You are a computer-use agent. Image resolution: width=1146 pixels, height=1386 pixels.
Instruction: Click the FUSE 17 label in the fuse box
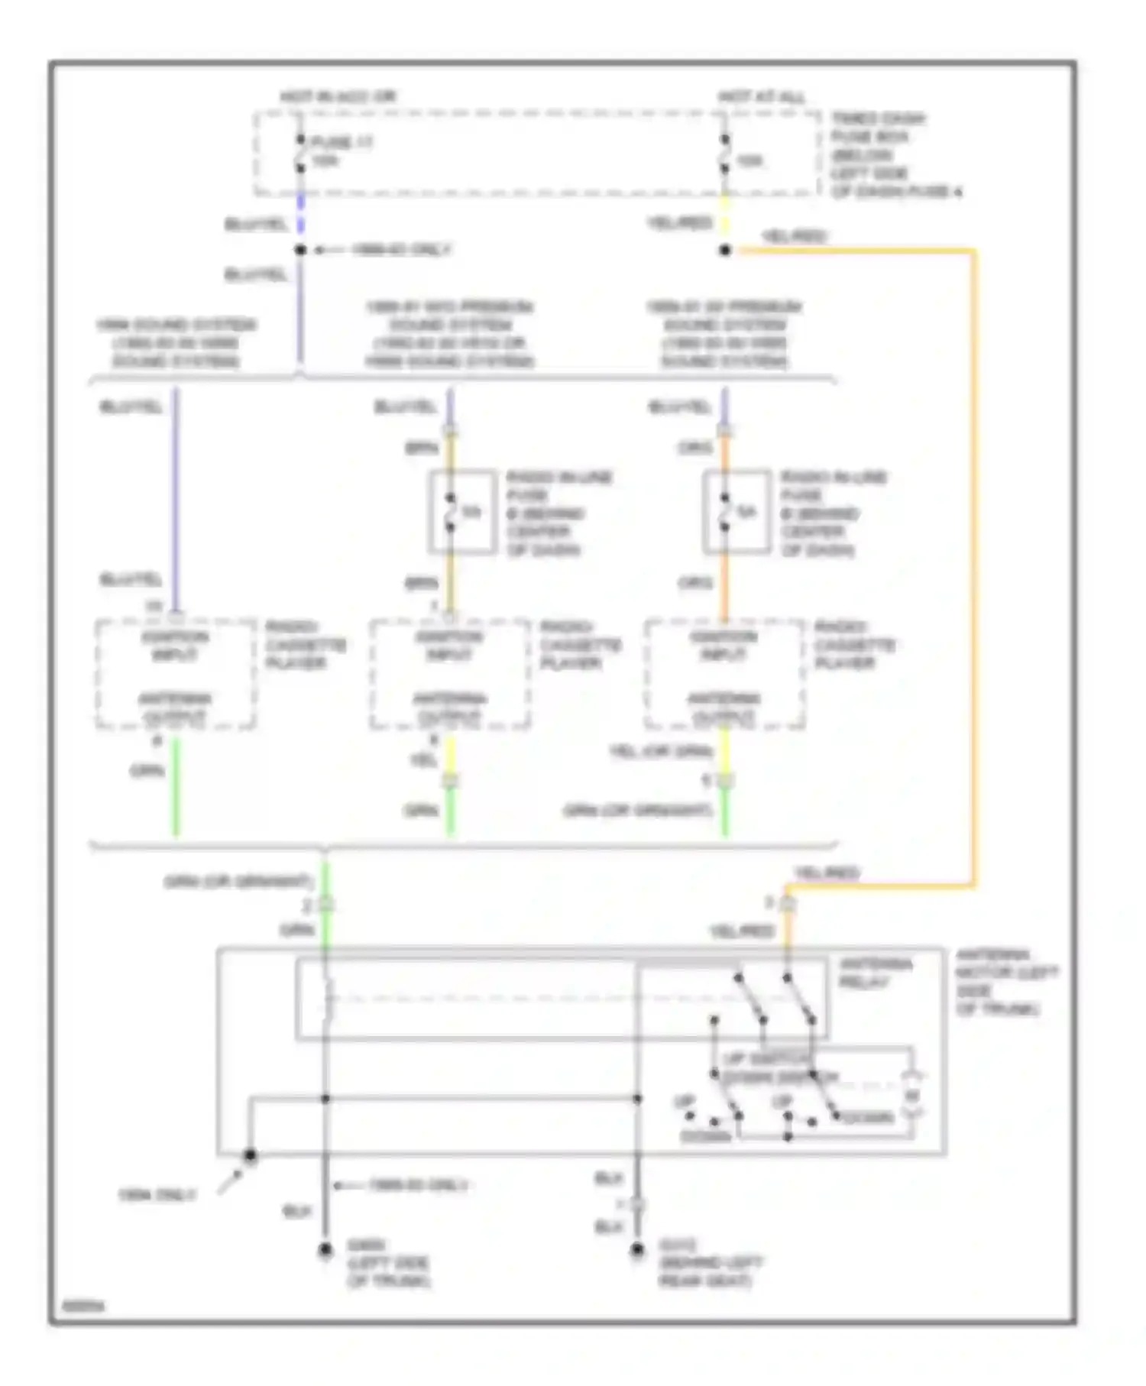(x=342, y=142)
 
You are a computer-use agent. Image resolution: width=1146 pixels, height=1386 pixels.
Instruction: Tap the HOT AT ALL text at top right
(x=761, y=97)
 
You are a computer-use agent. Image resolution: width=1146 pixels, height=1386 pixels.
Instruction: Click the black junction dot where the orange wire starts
(x=725, y=250)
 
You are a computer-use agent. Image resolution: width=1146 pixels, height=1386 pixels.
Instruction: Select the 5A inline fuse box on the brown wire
(x=462, y=511)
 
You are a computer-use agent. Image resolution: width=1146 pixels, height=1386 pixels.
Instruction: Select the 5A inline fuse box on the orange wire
(x=736, y=511)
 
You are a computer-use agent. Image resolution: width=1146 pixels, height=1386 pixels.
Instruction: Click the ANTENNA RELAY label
(x=875, y=973)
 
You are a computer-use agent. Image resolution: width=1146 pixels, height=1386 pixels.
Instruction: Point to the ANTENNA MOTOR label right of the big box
(x=1005, y=982)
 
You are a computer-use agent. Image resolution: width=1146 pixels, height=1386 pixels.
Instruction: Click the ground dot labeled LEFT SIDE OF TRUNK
(x=325, y=1250)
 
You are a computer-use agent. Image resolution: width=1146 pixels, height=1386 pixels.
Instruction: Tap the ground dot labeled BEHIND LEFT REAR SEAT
(x=637, y=1250)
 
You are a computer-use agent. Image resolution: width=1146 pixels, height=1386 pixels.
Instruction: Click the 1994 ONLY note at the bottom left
(x=157, y=1195)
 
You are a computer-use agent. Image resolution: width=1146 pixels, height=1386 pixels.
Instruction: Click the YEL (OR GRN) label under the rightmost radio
(x=660, y=752)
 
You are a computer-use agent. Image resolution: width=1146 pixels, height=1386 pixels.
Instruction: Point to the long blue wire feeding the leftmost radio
(x=176, y=497)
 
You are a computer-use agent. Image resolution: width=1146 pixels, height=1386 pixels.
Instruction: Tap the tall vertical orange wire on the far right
(x=974, y=565)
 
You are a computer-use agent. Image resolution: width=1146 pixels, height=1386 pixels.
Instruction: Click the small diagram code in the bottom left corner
(x=83, y=1307)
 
